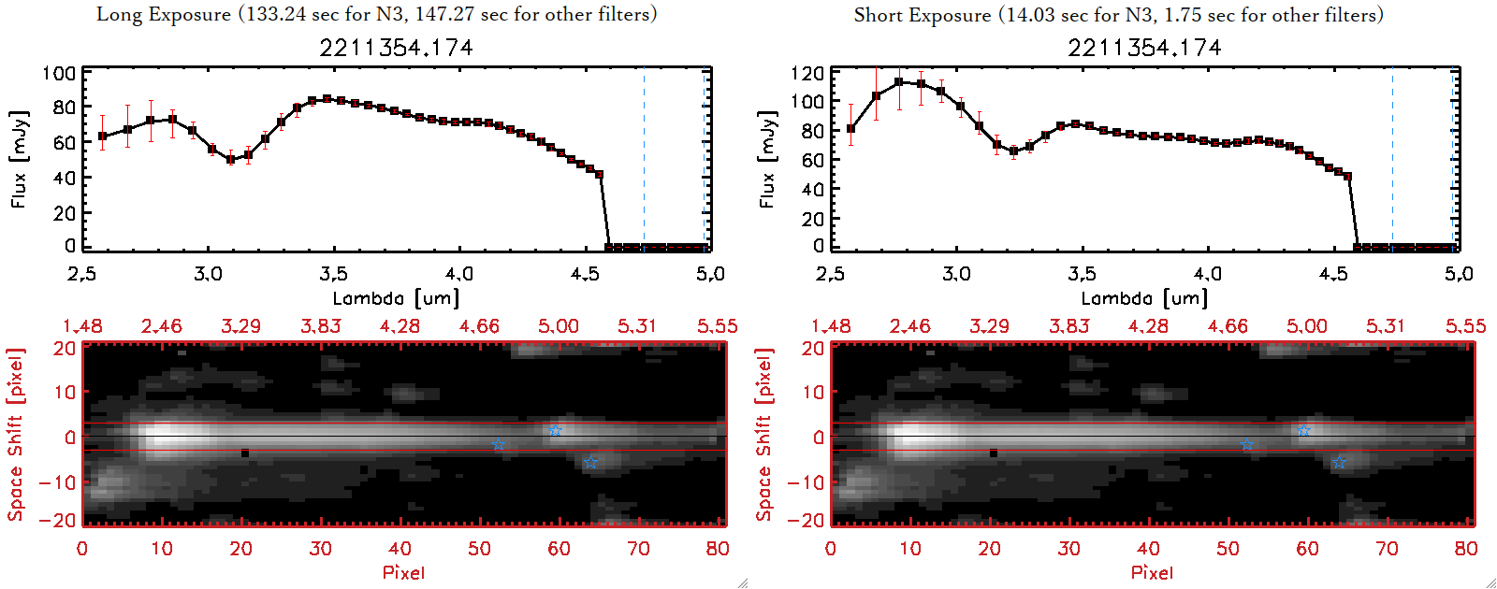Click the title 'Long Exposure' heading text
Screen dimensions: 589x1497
[164, 14]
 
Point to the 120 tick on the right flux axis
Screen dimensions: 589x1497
[807, 73]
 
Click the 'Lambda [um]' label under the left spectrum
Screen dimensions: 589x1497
[396, 298]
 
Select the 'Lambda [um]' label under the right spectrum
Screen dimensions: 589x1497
[1144, 298]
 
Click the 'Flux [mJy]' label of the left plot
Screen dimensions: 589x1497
[19, 159]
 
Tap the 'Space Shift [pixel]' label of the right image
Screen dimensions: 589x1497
[764, 435]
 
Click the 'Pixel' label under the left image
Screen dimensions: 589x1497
[403, 572]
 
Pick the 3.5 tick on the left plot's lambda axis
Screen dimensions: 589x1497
[333, 274]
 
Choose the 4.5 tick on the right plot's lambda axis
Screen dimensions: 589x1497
[1333, 274]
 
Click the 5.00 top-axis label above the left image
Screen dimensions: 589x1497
[559, 326]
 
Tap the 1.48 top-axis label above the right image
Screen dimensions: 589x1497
[831, 326]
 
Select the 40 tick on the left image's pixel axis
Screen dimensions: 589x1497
[400, 549]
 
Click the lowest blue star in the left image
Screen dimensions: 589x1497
[590, 462]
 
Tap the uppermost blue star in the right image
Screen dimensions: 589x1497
[1303, 430]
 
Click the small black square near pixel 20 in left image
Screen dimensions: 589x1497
[245, 453]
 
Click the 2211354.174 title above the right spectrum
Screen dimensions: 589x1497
[1144, 48]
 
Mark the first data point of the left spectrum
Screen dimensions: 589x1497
[103, 136]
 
